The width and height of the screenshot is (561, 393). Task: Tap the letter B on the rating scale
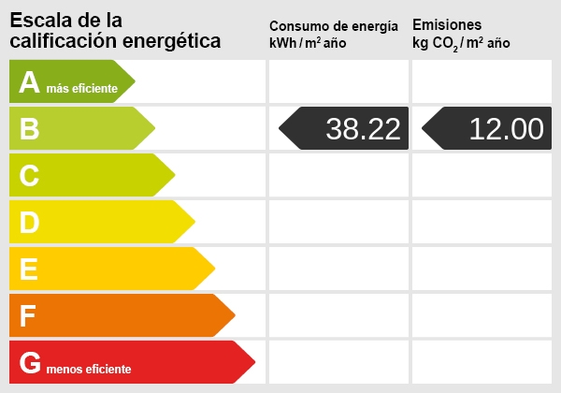[29, 129]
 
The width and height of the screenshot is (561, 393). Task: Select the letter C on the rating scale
[29, 175]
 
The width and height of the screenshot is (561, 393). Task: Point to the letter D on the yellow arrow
[29, 222]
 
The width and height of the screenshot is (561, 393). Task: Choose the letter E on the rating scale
[29, 269]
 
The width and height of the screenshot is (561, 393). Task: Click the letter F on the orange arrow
[28, 315]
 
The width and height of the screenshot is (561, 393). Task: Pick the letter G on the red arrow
[30, 362]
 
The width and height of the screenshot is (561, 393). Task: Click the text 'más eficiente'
[82, 89]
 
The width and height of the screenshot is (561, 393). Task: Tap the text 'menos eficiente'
[88, 369]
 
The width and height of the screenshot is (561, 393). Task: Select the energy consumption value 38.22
[363, 129]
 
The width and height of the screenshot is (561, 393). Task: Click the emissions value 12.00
[506, 129]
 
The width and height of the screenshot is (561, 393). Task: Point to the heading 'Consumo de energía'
[339, 25]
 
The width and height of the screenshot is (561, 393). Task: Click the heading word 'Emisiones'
[447, 24]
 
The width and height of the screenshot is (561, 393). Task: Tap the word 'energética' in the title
[172, 40]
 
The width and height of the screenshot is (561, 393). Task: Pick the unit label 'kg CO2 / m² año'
[461, 43]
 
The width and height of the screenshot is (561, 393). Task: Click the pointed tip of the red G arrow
[253, 362]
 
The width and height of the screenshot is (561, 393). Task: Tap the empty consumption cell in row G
[338, 362]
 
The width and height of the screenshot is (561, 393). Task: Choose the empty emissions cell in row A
[482, 81]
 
